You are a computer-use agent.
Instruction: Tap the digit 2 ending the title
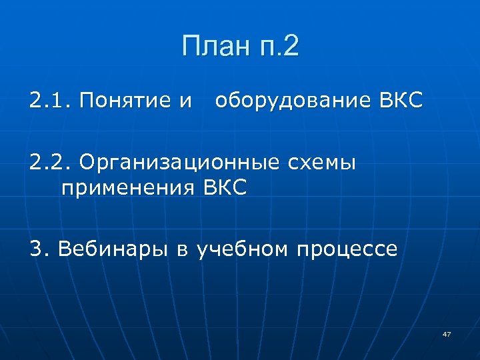pos(291,48)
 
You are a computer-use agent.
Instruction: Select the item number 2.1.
pos(50,102)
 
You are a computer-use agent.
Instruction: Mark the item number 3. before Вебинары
pos(40,249)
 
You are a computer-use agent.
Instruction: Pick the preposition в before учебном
pos(182,251)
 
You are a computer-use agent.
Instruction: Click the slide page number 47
pos(446,333)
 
